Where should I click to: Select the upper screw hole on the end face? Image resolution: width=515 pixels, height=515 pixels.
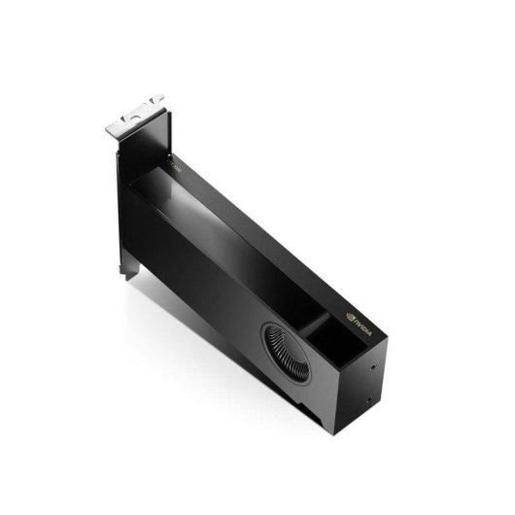(x=376, y=368)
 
